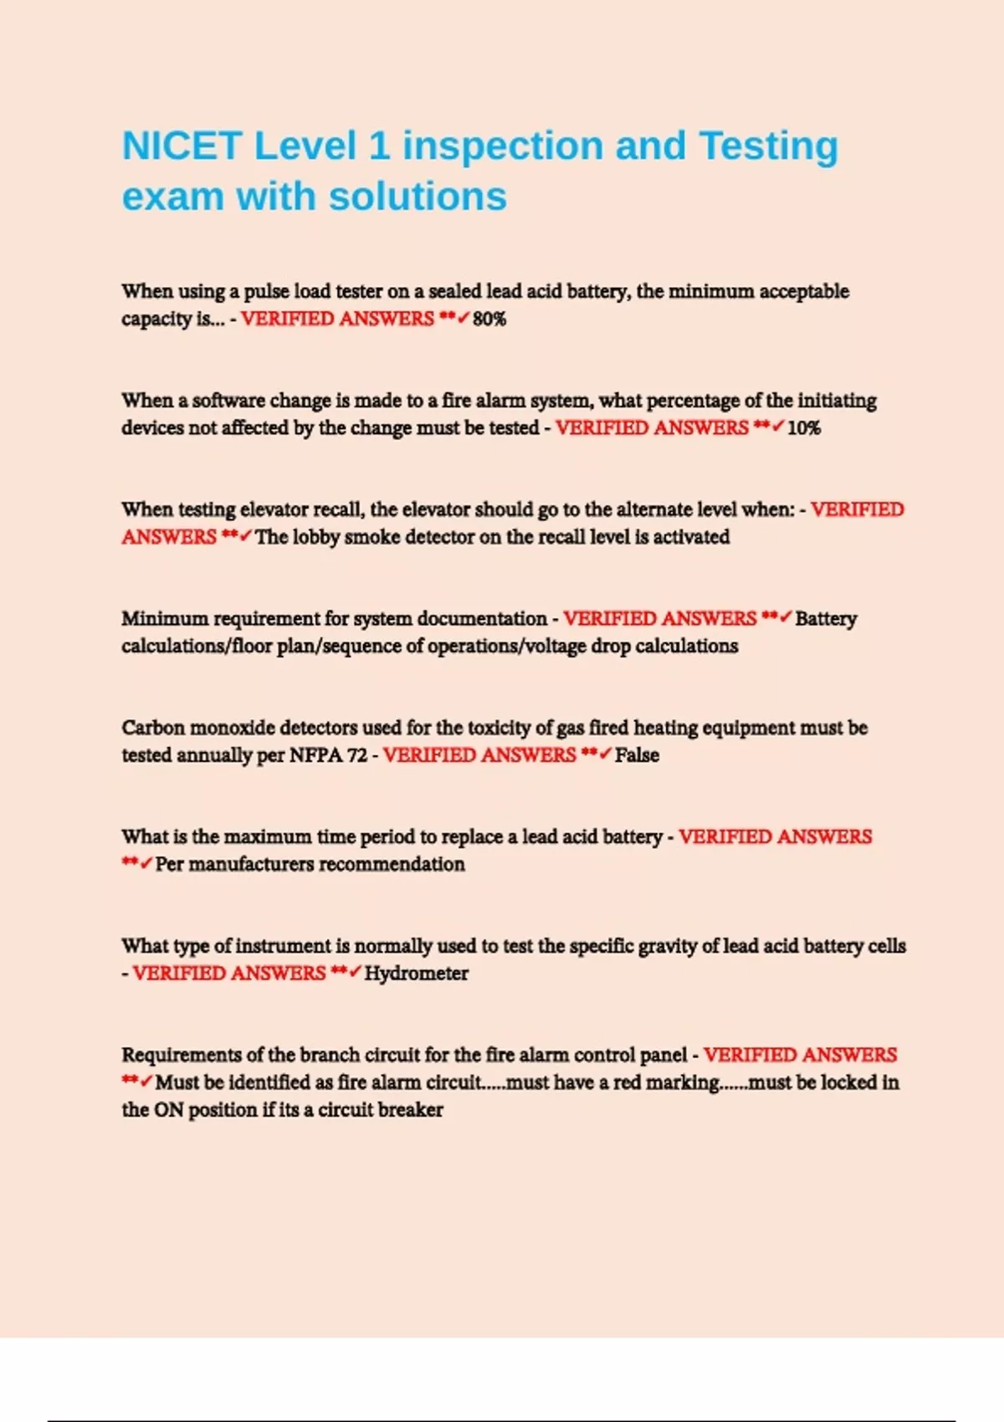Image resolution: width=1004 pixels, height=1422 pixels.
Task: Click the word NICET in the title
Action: point(182,146)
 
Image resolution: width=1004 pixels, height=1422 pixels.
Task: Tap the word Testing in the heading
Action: point(768,146)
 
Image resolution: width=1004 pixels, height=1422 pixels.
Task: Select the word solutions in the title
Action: point(417,197)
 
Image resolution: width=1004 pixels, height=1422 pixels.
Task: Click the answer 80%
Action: point(489,319)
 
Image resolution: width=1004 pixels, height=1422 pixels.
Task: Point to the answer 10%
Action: point(804,428)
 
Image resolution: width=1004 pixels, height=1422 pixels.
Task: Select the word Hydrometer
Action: point(417,974)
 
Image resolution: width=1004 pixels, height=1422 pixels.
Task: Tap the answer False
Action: point(637,755)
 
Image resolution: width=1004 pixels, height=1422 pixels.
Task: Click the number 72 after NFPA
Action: point(357,755)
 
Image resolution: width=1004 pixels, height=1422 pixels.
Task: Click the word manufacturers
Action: point(252,864)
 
